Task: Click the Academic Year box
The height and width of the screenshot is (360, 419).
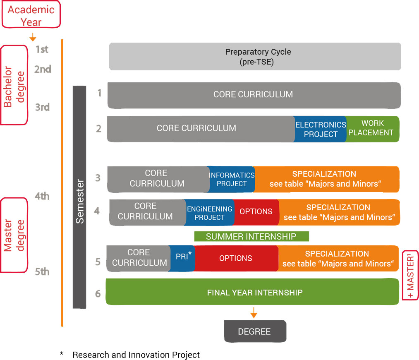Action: coord(31,14)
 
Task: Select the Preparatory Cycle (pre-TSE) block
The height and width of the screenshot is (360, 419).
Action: coord(255,56)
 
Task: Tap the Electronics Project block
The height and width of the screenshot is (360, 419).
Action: coord(321,129)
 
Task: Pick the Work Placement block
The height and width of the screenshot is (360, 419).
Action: coord(372,129)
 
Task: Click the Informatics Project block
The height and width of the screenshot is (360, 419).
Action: coord(231,179)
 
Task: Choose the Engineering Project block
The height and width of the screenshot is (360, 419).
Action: coord(209,212)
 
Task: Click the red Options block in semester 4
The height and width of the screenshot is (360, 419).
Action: coord(256,212)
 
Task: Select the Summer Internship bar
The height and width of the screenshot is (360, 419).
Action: coord(251,236)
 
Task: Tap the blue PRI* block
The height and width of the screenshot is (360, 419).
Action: coord(182,258)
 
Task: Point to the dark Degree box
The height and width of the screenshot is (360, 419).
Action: coord(255,331)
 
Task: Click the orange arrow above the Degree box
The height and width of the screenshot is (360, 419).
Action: coord(254,312)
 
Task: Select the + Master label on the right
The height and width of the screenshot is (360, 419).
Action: coord(410,275)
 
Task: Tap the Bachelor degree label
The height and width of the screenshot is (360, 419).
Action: coord(14,85)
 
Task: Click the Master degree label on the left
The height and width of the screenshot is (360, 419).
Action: coord(14,235)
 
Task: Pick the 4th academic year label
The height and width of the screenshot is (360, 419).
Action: coord(42,196)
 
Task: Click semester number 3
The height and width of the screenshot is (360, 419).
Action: coord(98,178)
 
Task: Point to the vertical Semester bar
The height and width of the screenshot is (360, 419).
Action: coord(79,197)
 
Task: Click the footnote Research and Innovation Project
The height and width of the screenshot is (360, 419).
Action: coord(136,355)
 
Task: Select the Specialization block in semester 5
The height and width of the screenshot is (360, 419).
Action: coord(338,258)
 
